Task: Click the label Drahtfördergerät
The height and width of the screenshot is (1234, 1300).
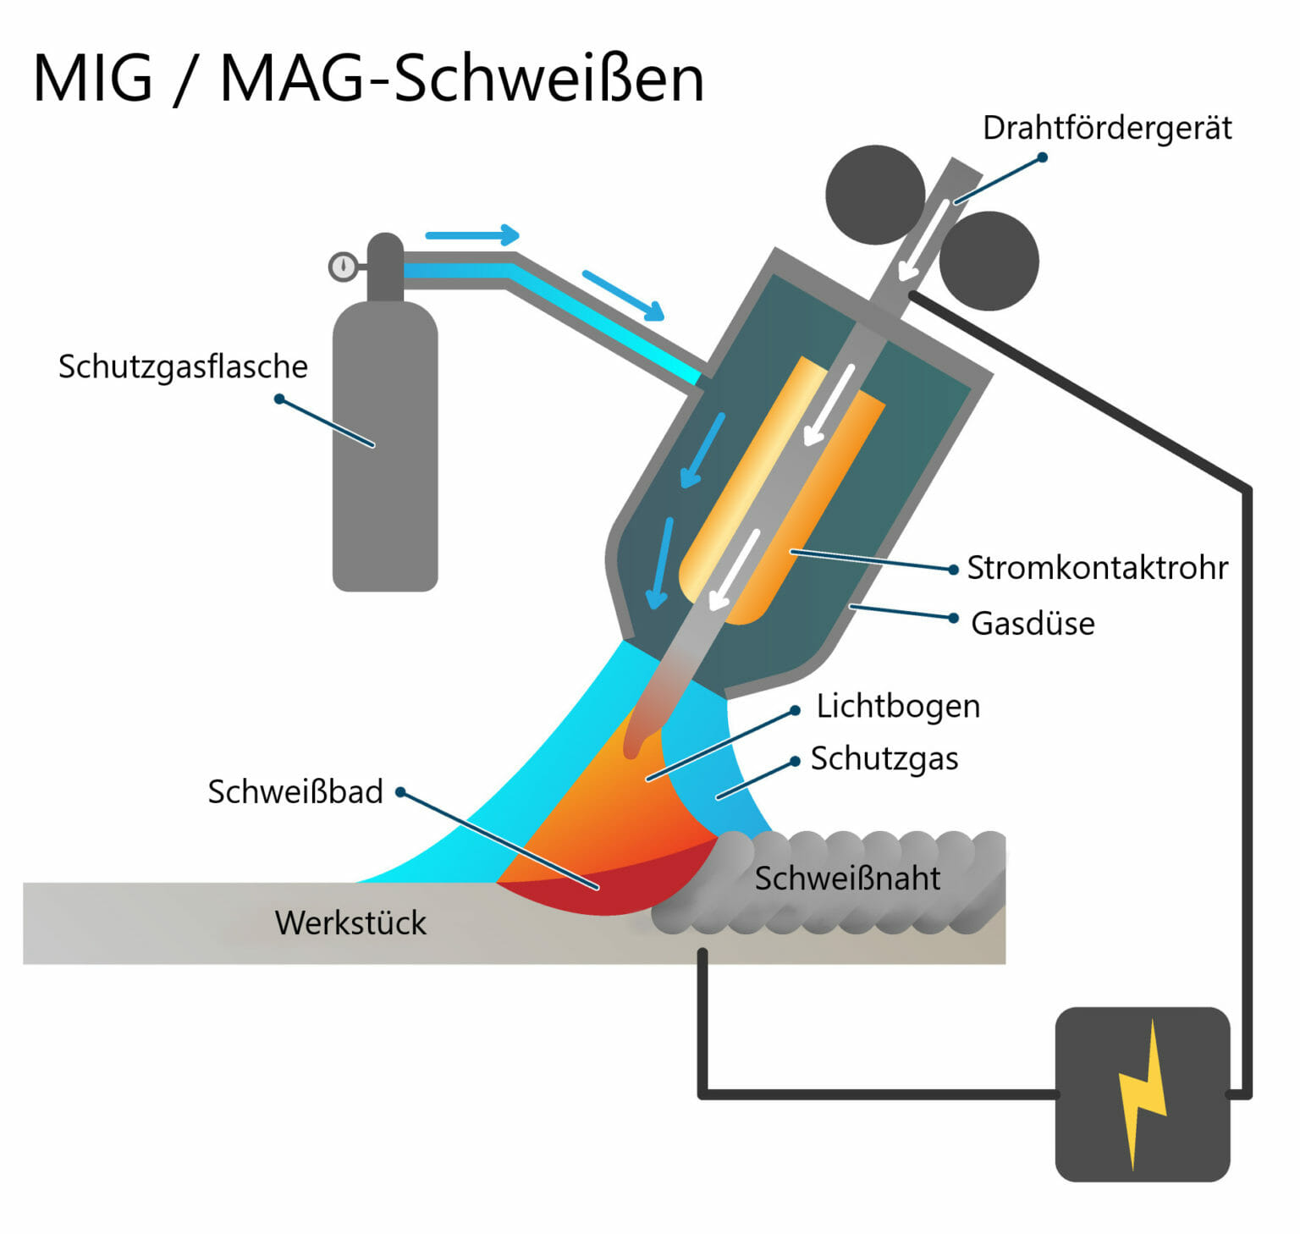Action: point(1106,129)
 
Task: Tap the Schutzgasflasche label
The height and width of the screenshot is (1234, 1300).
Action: point(183,367)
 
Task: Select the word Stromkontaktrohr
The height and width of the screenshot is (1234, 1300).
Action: point(1097,568)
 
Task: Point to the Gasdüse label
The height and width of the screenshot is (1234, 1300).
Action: point(1033,624)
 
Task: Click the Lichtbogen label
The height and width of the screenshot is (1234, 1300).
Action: point(898,707)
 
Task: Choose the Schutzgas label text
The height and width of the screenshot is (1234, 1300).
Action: point(884,759)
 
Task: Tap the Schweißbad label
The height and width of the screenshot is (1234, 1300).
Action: point(295,792)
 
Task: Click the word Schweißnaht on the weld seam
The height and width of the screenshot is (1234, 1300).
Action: point(847,879)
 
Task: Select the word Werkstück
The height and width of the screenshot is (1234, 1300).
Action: point(350,923)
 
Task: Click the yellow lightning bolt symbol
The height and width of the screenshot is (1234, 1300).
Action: point(1143,1094)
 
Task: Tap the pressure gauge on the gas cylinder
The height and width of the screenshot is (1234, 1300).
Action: point(343,267)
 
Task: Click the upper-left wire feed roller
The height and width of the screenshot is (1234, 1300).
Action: point(875,195)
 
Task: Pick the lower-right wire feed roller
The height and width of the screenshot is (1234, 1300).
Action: point(989,261)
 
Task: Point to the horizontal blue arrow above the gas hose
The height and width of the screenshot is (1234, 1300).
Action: point(471,234)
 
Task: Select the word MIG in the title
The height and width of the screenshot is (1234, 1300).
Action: point(93,80)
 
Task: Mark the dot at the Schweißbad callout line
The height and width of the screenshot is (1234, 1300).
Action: point(401,792)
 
